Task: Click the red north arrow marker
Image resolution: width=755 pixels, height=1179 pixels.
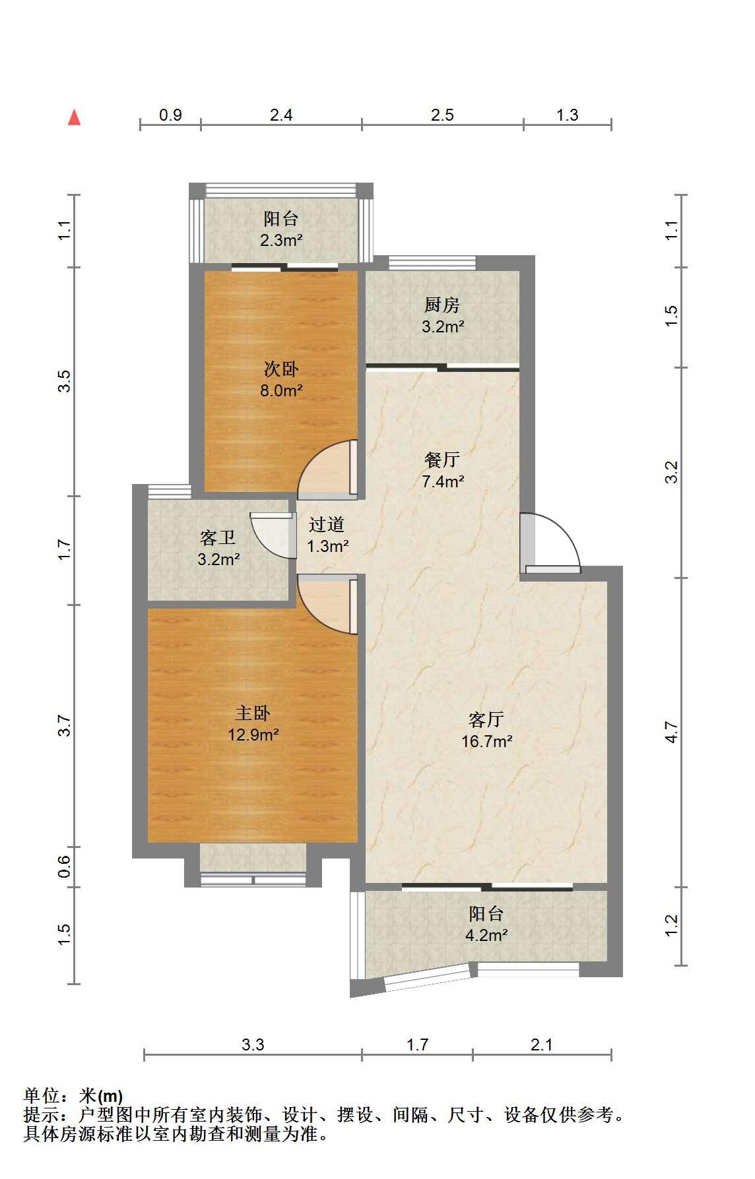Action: pos(75,117)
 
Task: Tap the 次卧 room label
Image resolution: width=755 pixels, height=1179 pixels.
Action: pos(281,369)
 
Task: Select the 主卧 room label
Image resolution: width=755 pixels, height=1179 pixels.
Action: pos(253,713)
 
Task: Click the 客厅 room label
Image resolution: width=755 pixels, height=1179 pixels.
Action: pos(486,719)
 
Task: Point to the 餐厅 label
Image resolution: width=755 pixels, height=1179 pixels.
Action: pos(442,460)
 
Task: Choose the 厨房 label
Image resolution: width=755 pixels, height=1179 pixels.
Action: pos(442,305)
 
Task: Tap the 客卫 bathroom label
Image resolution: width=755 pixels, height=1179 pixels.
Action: pos(218,538)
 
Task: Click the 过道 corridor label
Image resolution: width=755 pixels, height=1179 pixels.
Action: pos(327,525)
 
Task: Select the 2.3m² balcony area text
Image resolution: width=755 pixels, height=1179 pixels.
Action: pos(281,240)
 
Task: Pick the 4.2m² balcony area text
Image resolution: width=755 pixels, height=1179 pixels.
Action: pos(486,935)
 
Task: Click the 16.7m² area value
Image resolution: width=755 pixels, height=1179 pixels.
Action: pos(487,741)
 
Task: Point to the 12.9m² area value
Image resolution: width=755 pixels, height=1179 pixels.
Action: pos(253,735)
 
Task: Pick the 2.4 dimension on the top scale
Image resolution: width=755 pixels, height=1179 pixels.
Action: pos(281,115)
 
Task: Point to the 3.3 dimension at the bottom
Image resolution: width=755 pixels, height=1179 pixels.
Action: pos(253,1044)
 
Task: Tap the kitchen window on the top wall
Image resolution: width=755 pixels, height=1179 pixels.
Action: pos(416,262)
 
